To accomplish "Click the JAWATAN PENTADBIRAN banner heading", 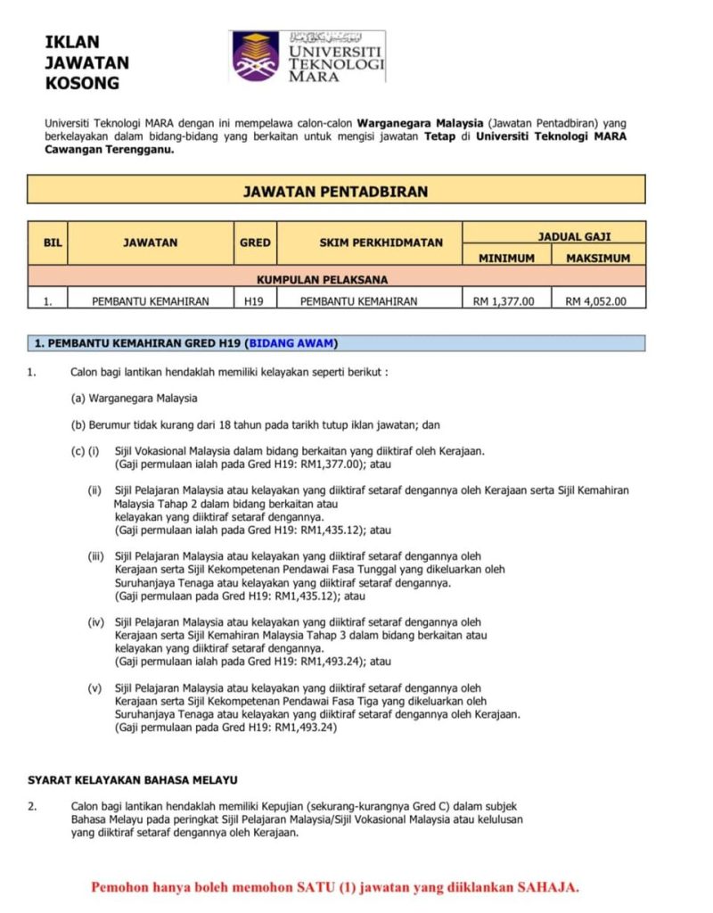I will [x=336, y=191].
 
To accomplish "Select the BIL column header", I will [x=47, y=243].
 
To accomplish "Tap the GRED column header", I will [x=255, y=243].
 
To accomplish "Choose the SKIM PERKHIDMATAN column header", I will [x=369, y=243].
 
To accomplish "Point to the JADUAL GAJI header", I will [x=553, y=236].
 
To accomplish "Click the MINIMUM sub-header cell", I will [x=507, y=258].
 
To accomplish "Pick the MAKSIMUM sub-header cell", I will [x=598, y=258].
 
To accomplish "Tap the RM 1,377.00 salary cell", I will [x=506, y=301].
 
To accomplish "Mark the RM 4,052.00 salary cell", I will [x=598, y=301].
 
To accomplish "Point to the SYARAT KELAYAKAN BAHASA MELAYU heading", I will [x=133, y=780].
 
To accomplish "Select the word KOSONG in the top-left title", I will [x=81, y=84].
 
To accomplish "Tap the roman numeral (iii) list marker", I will [x=96, y=556].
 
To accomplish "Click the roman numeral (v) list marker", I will [x=94, y=687].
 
